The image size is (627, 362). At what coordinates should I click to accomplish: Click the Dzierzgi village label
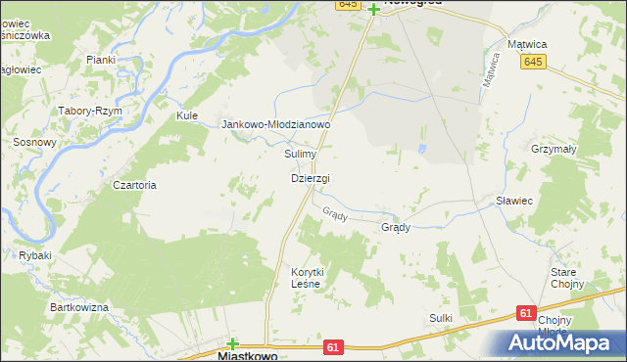point(310,178)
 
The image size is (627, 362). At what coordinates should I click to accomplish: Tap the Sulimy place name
point(300,154)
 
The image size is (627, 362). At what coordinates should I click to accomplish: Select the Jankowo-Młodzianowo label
point(277,124)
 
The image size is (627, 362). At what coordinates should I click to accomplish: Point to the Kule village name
point(187,115)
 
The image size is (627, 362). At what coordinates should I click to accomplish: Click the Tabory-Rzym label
point(89,111)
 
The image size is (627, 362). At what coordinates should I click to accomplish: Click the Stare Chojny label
point(567,277)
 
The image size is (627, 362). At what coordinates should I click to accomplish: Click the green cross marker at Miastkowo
point(232,343)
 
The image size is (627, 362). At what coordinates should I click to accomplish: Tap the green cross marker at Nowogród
point(373,10)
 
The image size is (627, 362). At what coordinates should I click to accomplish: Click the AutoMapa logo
point(559,342)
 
